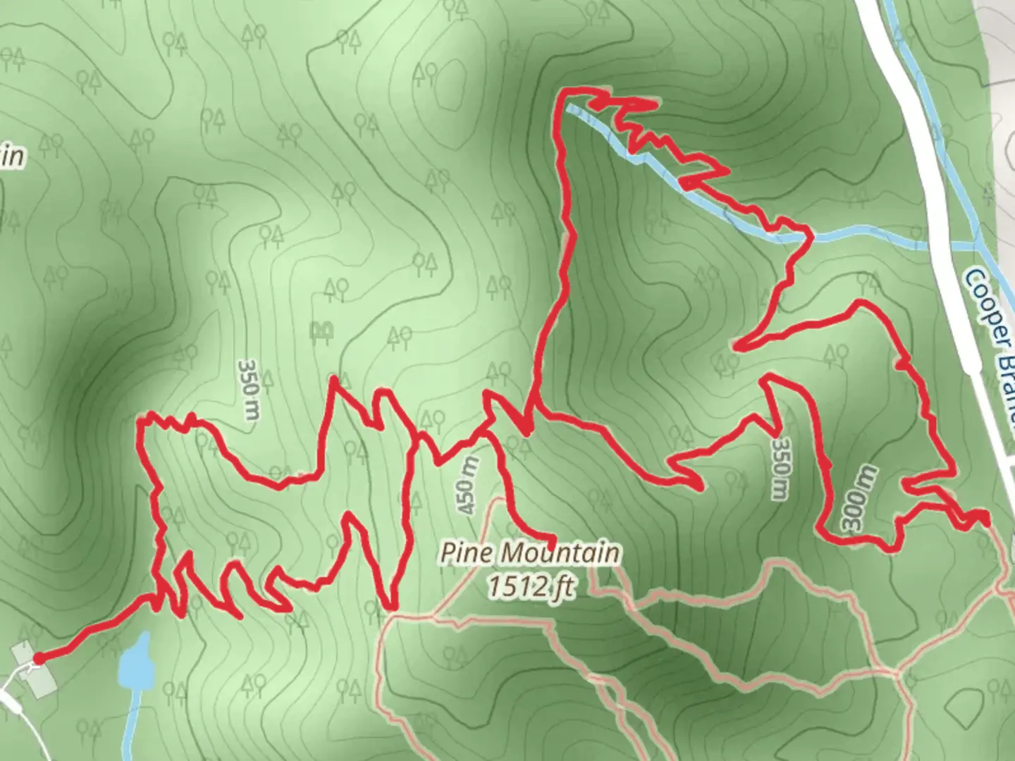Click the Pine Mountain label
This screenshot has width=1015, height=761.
tap(530, 552)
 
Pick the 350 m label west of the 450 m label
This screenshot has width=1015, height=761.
tap(248, 389)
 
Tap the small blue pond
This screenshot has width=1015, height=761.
tap(137, 662)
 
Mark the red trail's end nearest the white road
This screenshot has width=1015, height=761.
tap(984, 519)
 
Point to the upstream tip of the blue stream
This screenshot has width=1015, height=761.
tap(570, 108)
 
